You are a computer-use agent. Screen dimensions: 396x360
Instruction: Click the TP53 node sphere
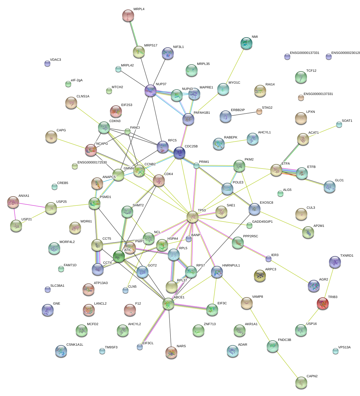click(x=193, y=216)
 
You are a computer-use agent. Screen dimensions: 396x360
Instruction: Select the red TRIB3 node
click(x=323, y=303)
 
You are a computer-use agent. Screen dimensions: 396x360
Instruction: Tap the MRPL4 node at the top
click(x=128, y=15)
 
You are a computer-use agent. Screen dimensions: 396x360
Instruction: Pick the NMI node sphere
click(x=246, y=43)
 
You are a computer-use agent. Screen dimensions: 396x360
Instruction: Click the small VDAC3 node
click(x=47, y=63)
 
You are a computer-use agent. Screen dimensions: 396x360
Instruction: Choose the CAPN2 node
click(x=301, y=382)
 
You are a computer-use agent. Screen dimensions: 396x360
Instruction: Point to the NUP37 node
click(x=150, y=90)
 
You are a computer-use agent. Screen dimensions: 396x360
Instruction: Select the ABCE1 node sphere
click(x=168, y=304)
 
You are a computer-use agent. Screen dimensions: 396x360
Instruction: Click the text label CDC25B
click(x=191, y=146)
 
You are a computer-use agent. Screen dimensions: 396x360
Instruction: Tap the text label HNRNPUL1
click(x=231, y=266)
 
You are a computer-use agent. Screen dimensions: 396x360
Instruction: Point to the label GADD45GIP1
click(x=262, y=222)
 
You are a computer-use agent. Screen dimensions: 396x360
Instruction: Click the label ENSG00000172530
click(x=92, y=163)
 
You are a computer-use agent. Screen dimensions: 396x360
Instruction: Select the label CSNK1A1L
click(x=75, y=345)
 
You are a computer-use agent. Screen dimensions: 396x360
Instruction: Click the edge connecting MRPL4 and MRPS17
click(x=134, y=34)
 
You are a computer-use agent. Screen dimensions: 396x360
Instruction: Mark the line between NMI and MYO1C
click(x=235, y=66)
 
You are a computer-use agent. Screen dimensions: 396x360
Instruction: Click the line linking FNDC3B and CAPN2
click(x=287, y=364)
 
